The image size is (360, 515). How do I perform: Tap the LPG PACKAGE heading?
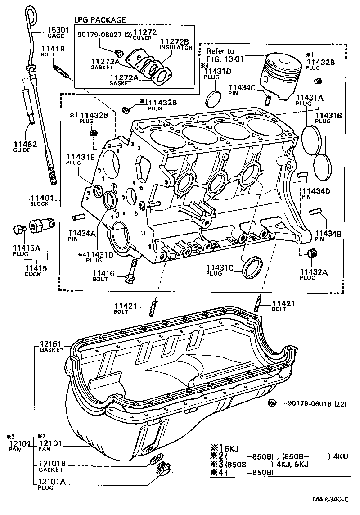(100, 20)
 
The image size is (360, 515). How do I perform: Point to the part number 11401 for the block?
(42, 198)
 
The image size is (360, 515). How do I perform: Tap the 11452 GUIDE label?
(22, 147)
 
